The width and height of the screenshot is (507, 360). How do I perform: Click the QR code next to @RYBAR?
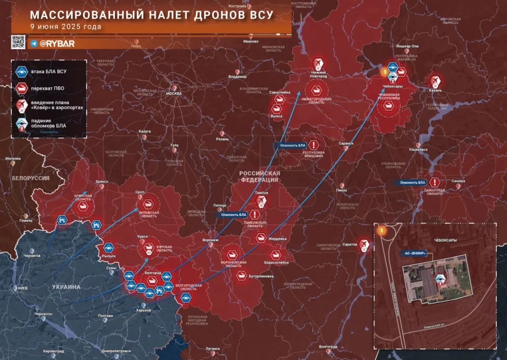pyautogui.click(x=18, y=42)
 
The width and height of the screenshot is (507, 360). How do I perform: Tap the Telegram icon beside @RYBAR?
pyautogui.click(x=34, y=44)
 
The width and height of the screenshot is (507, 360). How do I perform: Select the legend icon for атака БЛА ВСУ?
pyautogui.click(x=21, y=71)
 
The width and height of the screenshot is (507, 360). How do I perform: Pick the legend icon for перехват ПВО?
pyautogui.click(x=21, y=88)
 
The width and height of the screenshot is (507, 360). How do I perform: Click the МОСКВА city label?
pyautogui.click(x=174, y=94)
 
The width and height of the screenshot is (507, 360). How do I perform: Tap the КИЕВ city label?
pyautogui.click(x=22, y=289)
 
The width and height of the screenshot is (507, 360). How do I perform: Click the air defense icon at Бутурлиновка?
pyautogui.click(x=242, y=275)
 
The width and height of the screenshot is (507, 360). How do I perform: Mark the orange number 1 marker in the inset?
pyautogui.click(x=381, y=230)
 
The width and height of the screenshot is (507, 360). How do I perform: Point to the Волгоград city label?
pyautogui.click(x=328, y=347)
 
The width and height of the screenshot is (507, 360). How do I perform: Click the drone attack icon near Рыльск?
pyautogui.click(x=108, y=248)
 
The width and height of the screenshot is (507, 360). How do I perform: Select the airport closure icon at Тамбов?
pyautogui.click(x=261, y=200)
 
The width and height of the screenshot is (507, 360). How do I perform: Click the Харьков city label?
pyautogui.click(x=143, y=311)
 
